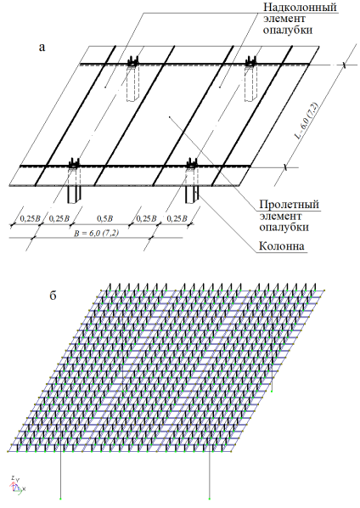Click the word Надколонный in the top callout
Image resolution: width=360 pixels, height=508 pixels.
[x=300, y=7]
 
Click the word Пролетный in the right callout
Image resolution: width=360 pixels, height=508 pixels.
[x=289, y=205]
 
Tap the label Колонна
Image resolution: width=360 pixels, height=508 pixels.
[x=282, y=246]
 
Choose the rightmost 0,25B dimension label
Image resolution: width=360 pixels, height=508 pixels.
[x=177, y=218]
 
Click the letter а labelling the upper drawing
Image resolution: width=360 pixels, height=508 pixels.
[x=42, y=48]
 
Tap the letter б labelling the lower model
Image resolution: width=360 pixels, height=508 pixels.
[x=53, y=295]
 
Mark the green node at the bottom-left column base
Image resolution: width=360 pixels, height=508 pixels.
[x=60, y=499]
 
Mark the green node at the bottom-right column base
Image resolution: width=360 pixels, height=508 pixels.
[x=210, y=499]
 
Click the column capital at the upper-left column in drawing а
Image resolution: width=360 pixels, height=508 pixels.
[x=132, y=61]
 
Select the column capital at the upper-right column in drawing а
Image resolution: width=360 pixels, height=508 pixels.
[x=251, y=61]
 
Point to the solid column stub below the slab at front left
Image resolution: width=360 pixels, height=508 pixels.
[x=74, y=195]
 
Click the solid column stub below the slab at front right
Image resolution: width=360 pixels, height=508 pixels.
[x=192, y=195]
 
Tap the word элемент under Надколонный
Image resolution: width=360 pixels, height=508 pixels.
[x=284, y=19]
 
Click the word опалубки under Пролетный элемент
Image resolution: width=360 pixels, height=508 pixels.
[x=284, y=227]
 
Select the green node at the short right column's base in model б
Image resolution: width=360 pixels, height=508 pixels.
[x=272, y=392]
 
